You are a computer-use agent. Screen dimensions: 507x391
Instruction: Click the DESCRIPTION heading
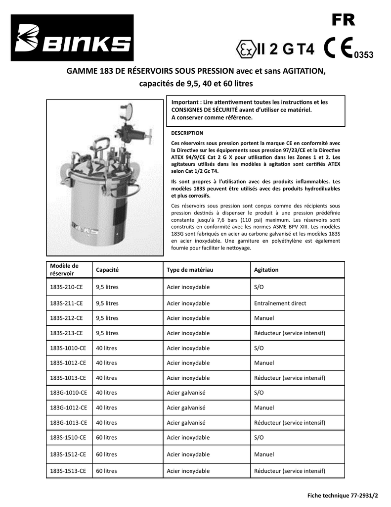pyautogui.click(x=187, y=133)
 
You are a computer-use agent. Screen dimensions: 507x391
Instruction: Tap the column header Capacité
pyautogui.click(x=107, y=270)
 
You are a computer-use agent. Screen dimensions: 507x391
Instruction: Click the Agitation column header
pyautogui.click(x=266, y=270)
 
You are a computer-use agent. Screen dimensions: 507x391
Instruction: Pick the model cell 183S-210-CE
pyautogui.click(x=66, y=287)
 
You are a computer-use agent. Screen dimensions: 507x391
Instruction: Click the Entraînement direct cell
pyautogui.click(x=280, y=303)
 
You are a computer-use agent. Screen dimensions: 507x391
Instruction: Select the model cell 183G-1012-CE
pyautogui.click(x=68, y=408)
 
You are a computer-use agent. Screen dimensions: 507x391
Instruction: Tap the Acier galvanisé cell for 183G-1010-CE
pyautogui.click(x=186, y=393)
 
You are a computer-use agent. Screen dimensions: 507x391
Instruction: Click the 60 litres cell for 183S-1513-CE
pyautogui.click(x=106, y=471)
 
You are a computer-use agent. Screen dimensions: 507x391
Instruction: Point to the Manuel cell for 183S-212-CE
pyautogui.click(x=264, y=318)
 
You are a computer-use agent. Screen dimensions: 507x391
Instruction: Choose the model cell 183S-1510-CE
pyautogui.click(x=68, y=438)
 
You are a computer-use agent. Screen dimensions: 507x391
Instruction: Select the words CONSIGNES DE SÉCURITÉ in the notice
pyautogui.click(x=204, y=110)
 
